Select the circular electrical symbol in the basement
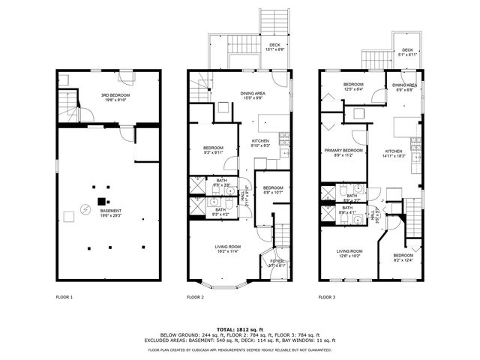[x=85, y=208]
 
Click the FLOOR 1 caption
[x=64, y=298]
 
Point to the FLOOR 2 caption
[x=195, y=298]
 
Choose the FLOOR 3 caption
[x=326, y=298]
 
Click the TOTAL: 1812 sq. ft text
[x=240, y=329]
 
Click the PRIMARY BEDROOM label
[x=343, y=152]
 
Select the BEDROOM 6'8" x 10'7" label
[x=271, y=190]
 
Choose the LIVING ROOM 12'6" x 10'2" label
[x=349, y=253]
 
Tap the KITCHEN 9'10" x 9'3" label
[x=260, y=143]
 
